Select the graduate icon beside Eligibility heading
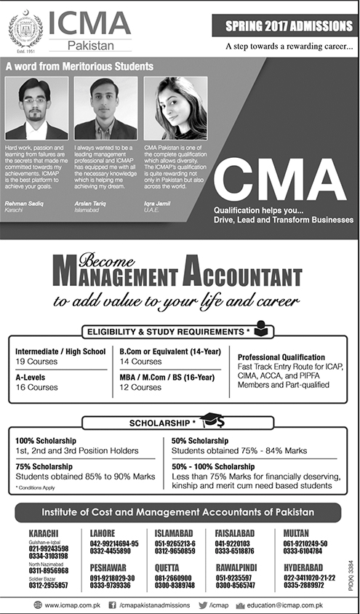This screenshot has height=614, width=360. (x=264, y=332)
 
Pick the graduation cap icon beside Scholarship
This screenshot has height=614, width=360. (x=212, y=420)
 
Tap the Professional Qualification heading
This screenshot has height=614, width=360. (x=281, y=358)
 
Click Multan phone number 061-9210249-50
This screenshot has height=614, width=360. (x=304, y=543)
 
